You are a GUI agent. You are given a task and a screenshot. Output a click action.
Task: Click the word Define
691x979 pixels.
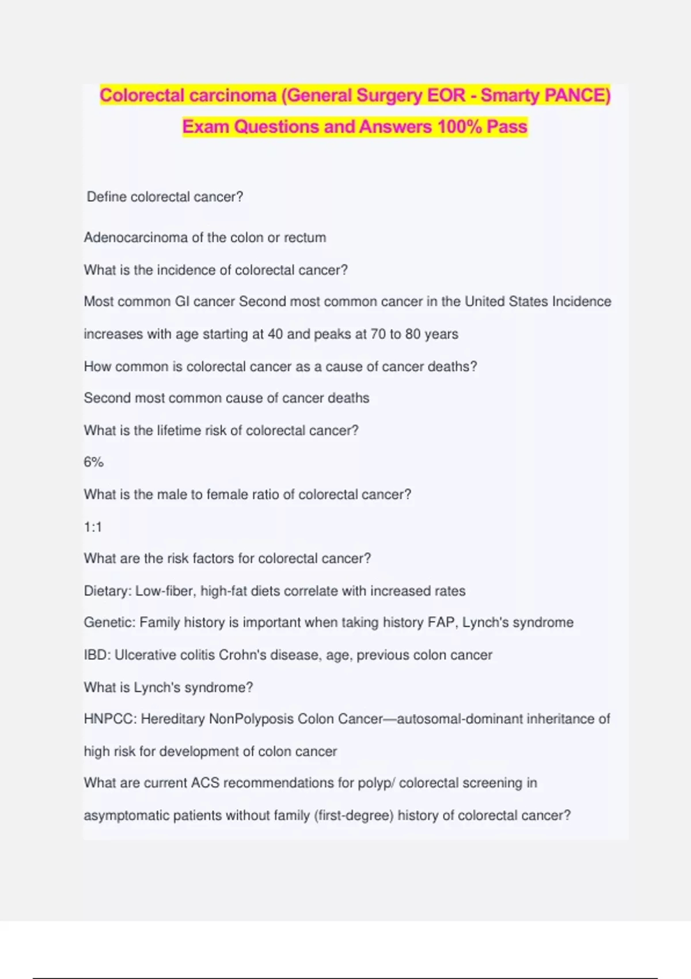click(x=107, y=197)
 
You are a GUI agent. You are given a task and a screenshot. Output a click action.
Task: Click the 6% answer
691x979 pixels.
click(x=93, y=462)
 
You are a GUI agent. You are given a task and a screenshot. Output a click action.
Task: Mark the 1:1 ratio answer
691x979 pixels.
click(x=93, y=527)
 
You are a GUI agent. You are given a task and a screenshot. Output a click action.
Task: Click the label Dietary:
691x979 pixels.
click(x=107, y=591)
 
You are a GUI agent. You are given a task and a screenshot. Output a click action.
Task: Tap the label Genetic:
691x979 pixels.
click(x=109, y=623)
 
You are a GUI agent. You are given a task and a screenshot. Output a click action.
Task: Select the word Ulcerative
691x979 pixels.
click(x=145, y=655)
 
